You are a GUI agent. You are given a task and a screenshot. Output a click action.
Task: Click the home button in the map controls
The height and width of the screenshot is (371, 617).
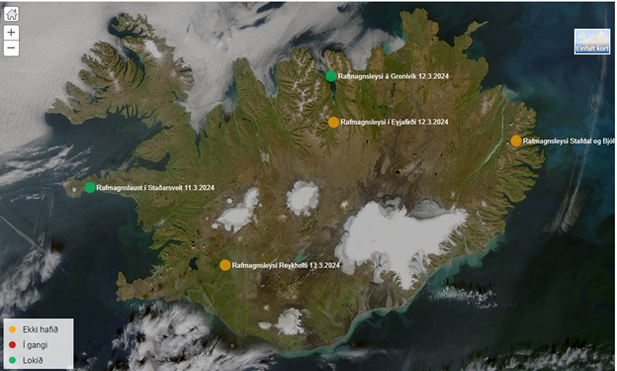click(11, 15)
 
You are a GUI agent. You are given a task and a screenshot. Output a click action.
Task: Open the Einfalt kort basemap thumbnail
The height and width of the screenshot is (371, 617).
click(592, 42)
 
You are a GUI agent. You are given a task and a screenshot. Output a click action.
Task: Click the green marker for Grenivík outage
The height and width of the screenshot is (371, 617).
click(331, 75)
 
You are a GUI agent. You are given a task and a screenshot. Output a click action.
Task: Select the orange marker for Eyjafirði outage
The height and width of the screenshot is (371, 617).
click(334, 123)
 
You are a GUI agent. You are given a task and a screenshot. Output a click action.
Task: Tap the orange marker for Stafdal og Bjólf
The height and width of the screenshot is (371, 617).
click(516, 141)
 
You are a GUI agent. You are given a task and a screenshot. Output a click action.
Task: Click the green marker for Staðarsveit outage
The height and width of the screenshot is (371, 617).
click(90, 187)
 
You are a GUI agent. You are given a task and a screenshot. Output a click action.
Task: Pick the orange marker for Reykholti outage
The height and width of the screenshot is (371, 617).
click(225, 265)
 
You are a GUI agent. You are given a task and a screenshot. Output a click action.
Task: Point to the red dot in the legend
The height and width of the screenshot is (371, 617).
click(11, 345)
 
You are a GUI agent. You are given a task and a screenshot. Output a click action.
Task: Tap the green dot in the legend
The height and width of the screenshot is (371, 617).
click(11, 360)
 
